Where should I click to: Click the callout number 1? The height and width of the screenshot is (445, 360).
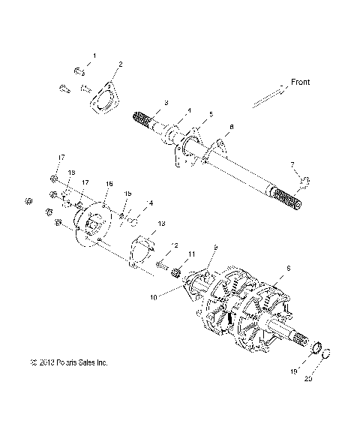point(94,56)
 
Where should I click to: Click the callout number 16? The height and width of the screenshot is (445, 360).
point(109,184)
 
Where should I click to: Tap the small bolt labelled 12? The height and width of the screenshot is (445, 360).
point(161,263)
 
